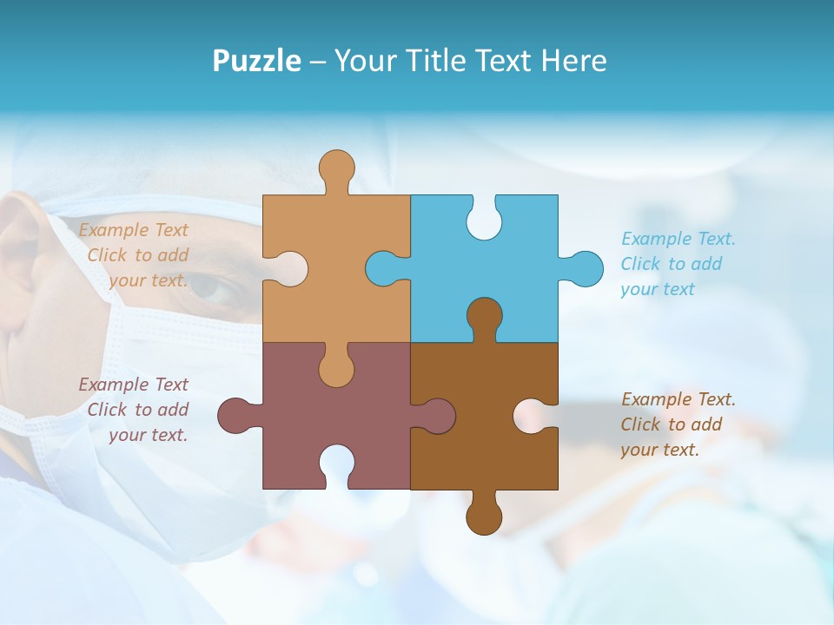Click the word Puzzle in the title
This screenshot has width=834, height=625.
click(x=256, y=61)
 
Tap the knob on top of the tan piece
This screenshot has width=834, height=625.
click(x=336, y=168)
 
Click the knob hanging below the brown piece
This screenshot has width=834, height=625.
click(x=484, y=515)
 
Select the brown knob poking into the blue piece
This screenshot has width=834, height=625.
click(x=484, y=316)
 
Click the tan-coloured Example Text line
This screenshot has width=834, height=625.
click(x=133, y=230)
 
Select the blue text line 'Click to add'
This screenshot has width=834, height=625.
click(x=672, y=264)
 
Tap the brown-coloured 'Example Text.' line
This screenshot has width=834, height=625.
click(x=678, y=399)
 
